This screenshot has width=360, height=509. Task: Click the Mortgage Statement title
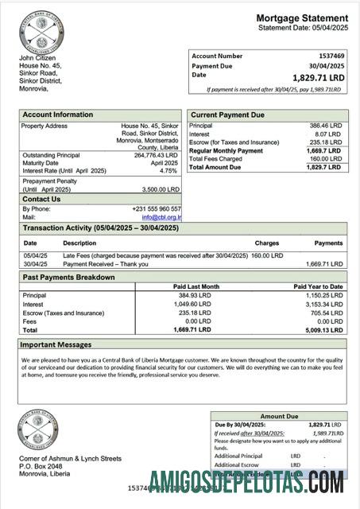click(302, 18)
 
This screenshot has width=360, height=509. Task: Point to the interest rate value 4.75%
click(168, 171)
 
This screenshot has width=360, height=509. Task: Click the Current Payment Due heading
click(227, 115)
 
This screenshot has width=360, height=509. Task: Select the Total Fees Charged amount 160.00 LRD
click(326, 159)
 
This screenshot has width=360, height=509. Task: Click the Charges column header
click(266, 243)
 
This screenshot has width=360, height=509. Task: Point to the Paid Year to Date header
click(318, 286)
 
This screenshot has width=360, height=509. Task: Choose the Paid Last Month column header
click(196, 286)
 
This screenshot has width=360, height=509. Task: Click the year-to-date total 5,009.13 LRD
click(326, 329)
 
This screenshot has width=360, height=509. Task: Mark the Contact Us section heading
click(41, 199)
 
